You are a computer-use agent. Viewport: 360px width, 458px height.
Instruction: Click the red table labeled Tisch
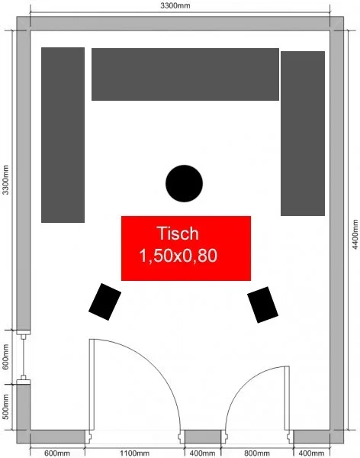pyautogui.click(x=186, y=248)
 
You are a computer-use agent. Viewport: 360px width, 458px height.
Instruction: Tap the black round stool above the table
pyautogui.click(x=184, y=183)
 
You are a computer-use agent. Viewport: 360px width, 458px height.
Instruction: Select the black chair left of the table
pyautogui.click(x=104, y=302)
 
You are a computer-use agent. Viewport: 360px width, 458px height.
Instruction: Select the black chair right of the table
pyautogui.click(x=263, y=305)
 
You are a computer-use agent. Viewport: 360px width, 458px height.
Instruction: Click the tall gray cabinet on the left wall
pyautogui.click(x=63, y=135)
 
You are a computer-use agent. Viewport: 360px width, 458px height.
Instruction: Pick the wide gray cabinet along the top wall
pyautogui.click(x=185, y=75)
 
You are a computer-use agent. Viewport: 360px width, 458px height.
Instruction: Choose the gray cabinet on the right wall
pyautogui.click(x=303, y=134)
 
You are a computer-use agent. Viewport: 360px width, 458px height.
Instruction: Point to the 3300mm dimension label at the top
pyautogui.click(x=175, y=5)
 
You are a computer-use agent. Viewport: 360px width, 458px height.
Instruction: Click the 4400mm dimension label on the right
pyautogui.click(x=355, y=234)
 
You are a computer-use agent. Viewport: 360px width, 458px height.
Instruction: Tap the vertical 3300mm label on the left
pyautogui.click(x=5, y=179)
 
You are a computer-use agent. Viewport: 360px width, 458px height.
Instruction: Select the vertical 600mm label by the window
pyautogui.click(x=5, y=356)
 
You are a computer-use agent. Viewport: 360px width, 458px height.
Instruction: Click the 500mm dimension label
pyautogui.click(x=5, y=407)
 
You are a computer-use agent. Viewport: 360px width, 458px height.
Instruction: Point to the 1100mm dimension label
pyautogui.click(x=134, y=453)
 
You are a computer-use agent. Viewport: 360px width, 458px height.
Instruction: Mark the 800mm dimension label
pyautogui.click(x=257, y=453)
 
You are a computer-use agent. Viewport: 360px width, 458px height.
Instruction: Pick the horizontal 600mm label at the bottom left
pyautogui.click(x=57, y=453)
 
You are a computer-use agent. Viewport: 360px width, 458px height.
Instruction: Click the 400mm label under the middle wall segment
pyautogui.click(x=202, y=453)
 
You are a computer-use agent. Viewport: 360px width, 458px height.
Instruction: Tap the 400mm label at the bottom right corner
pyautogui.click(x=311, y=453)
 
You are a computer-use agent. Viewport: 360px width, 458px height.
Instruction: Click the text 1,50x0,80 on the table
pyautogui.click(x=178, y=255)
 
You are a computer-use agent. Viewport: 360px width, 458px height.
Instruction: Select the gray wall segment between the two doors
pyautogui.click(x=203, y=437)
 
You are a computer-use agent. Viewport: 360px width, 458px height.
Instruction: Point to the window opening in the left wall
pyautogui.click(x=24, y=356)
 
